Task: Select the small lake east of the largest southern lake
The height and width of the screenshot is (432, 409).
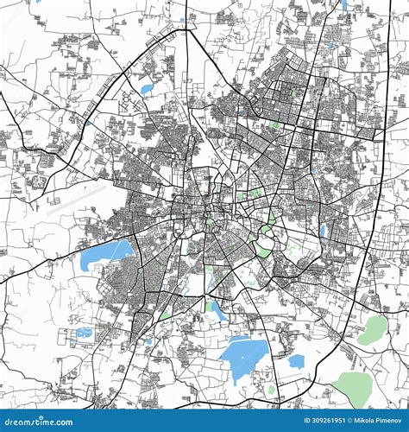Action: (x=296, y=361)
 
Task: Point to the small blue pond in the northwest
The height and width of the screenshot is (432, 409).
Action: (x=146, y=88)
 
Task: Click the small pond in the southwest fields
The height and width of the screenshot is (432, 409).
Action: (x=84, y=333)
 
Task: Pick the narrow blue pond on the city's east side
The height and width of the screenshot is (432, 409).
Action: (x=324, y=230)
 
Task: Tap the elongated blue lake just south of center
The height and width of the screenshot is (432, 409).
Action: (x=216, y=310)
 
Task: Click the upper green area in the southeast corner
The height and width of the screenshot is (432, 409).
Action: (x=373, y=329)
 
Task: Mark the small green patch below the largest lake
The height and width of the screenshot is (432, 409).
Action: (x=271, y=390)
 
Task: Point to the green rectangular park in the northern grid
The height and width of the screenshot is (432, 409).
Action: (x=276, y=124)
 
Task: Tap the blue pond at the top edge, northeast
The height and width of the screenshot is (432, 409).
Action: (x=343, y=4)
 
